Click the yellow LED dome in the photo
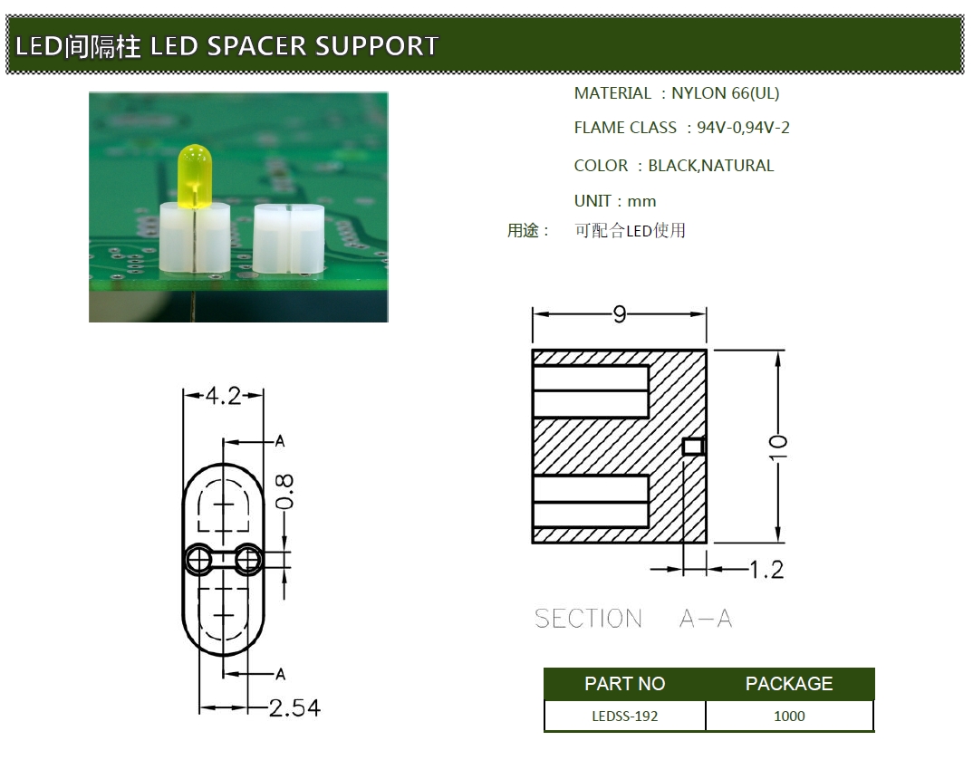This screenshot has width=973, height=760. click(195, 171)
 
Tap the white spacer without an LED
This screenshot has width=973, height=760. click(284, 239)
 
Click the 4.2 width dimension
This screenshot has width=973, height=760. click(223, 396)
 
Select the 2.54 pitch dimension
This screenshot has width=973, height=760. click(295, 707)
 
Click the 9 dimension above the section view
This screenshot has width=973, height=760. click(620, 314)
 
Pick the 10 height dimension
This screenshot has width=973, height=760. click(778, 446)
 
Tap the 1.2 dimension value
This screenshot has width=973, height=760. click(766, 570)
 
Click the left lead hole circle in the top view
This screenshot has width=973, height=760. click(197, 561)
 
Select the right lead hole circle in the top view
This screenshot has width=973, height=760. click(247, 561)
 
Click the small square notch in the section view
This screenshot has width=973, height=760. click(693, 446)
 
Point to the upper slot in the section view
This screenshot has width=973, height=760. click(591, 390)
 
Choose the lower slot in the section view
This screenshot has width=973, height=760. click(591, 501)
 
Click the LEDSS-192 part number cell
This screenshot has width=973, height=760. click(624, 716)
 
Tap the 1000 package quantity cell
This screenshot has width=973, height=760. click(789, 716)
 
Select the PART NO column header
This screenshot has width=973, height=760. click(624, 684)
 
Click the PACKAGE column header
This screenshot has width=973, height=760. click(789, 684)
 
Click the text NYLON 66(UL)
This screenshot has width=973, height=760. click(725, 93)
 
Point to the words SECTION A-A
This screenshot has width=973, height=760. click(633, 619)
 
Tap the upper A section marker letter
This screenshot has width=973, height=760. click(280, 441)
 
